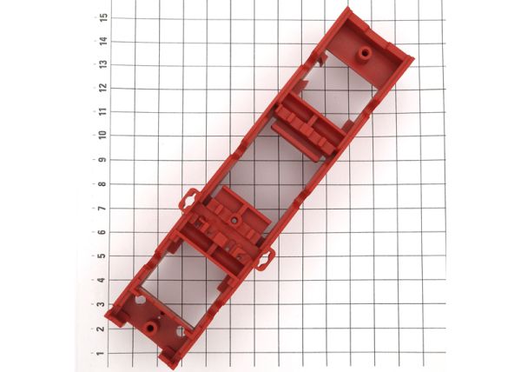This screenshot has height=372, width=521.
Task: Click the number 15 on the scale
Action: pos(103,17)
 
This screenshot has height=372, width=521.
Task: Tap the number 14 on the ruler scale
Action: pos(103,41)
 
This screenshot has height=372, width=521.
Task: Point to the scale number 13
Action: pos(103,64)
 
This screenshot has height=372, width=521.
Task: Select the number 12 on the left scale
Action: pos(103,88)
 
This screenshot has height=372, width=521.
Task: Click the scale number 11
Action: pos(103,111)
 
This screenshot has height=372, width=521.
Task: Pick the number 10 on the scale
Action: pos(102,135)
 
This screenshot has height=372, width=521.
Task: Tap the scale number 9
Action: pos(102,160)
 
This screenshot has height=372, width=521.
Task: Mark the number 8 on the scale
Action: pos(102,184)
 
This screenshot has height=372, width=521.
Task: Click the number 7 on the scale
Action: pos(102,208)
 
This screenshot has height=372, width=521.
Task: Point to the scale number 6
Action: pos(102,232)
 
